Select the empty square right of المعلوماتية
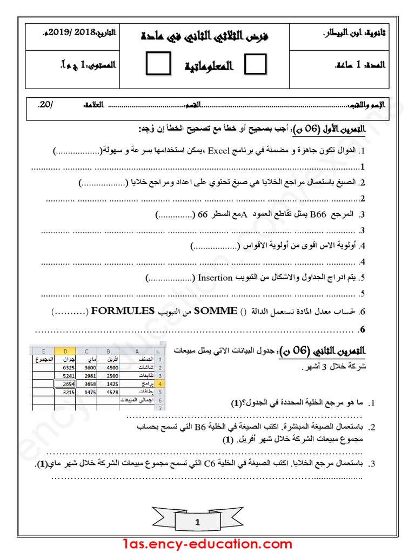pyautogui.click(x=255, y=65)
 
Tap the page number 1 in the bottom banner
pyautogui.click(x=198, y=522)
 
